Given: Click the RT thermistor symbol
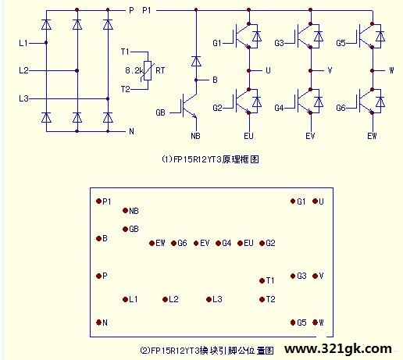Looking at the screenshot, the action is (148, 70).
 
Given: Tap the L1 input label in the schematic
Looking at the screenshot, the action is (23, 43).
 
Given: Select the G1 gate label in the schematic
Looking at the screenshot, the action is (217, 43).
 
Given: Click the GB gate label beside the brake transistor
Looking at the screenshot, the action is (160, 112).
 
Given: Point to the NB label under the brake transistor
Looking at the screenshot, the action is (195, 136).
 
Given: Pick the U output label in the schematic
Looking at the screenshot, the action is (268, 70).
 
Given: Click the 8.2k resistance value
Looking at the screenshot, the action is (134, 70).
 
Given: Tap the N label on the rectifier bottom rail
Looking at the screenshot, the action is (131, 131).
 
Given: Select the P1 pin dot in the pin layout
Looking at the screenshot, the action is (98, 201).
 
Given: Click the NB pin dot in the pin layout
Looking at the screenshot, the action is (125, 210).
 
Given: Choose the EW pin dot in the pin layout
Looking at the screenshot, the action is (152, 243).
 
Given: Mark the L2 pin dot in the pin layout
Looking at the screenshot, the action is (165, 299).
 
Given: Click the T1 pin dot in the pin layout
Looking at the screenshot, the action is (262, 280).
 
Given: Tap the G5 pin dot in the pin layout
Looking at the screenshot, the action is (293, 323).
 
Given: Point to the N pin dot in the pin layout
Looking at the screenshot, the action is (98, 323).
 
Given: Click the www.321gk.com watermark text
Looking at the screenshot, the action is (338, 349).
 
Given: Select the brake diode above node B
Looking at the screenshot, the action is (196, 62).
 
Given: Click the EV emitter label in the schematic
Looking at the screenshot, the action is (310, 136).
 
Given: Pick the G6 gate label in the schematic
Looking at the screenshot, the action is (341, 108).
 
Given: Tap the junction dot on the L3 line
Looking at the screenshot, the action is (108, 98).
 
